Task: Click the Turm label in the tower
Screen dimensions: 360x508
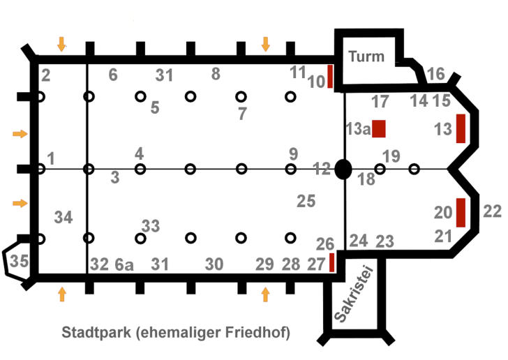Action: [x=366, y=57]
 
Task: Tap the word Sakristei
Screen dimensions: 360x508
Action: [x=353, y=296]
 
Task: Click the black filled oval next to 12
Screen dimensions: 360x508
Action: [x=343, y=169]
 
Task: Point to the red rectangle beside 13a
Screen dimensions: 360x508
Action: [x=380, y=128]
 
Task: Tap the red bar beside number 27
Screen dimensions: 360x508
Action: [x=331, y=262]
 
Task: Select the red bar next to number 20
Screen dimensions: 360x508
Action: [x=460, y=213]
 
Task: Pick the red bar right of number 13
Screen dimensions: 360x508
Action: [x=460, y=128]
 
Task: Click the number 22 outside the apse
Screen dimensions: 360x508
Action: [x=493, y=211]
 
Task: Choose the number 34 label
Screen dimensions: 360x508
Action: [x=63, y=218]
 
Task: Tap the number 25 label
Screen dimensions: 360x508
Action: [x=306, y=201]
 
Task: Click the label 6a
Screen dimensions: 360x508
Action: [x=124, y=264]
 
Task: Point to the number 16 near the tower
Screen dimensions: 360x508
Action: [x=435, y=74]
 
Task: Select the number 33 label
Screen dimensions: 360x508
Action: [x=151, y=225]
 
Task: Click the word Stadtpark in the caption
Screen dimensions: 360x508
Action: [x=94, y=331]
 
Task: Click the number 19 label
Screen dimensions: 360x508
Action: [x=392, y=156]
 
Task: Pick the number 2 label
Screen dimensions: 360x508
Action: [x=45, y=75]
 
